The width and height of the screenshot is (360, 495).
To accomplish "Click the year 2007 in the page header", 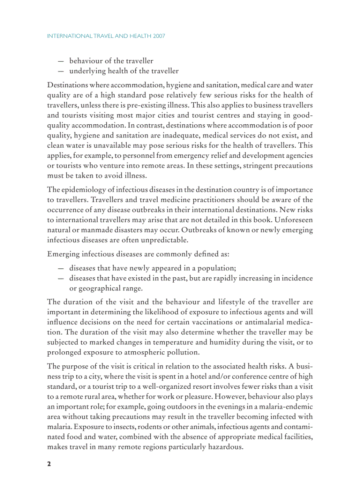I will pos(158,36).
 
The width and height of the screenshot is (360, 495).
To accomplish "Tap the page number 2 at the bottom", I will pos(49,464).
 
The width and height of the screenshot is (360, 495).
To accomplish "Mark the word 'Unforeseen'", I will pos(295,220).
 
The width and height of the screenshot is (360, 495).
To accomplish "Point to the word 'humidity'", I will pos(218,342).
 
